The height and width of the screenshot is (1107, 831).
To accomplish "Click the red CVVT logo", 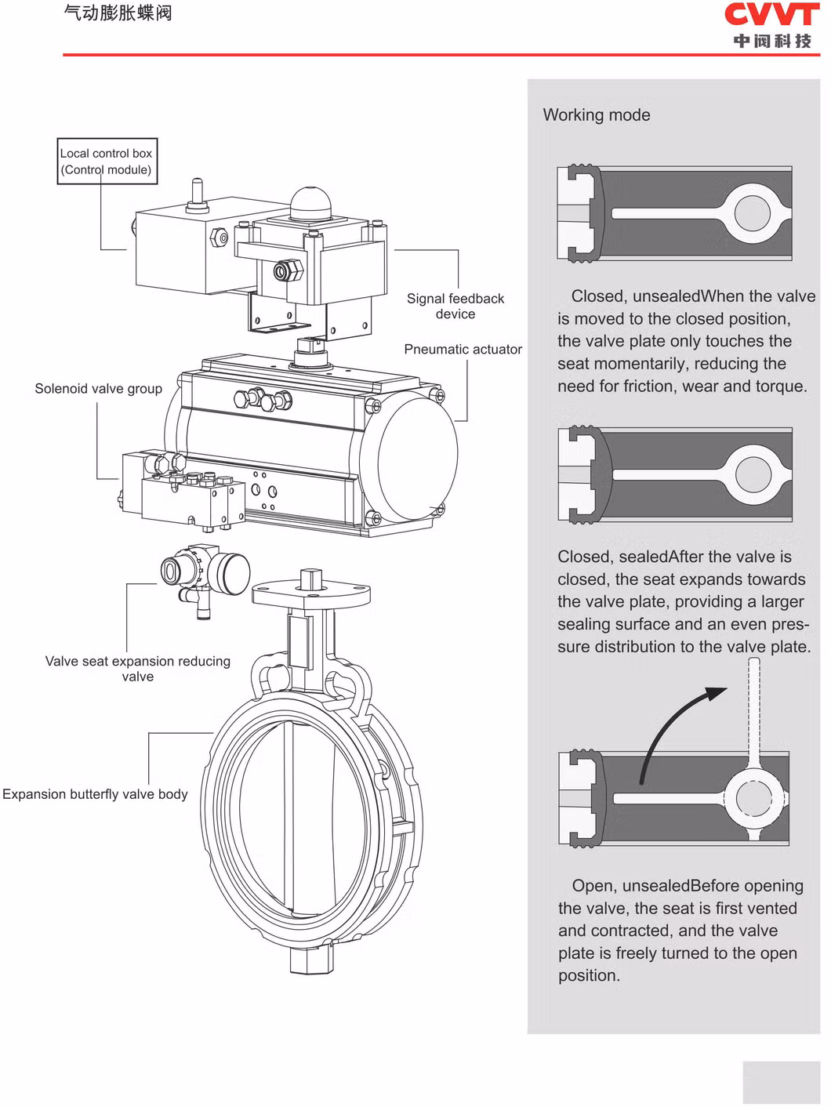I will click(x=771, y=15).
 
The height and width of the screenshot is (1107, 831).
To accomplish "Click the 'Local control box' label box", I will click(x=107, y=162).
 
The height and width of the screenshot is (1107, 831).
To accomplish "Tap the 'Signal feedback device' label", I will click(x=455, y=306).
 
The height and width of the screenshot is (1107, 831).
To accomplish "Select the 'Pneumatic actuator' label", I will click(x=463, y=349).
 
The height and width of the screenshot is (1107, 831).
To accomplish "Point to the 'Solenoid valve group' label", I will click(x=98, y=388).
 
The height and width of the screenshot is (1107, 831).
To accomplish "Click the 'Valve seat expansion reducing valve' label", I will click(x=138, y=669).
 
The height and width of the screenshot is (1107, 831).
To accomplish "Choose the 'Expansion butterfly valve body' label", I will click(x=95, y=793).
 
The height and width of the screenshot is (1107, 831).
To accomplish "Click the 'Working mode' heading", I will click(x=596, y=114).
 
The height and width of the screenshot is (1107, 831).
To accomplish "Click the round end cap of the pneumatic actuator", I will click(x=416, y=456).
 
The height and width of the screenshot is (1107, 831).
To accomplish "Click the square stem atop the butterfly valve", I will click(x=311, y=579).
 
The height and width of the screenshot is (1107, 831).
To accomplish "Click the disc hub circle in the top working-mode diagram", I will click(x=753, y=213).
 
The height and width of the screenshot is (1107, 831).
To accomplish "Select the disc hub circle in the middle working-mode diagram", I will click(x=753, y=474).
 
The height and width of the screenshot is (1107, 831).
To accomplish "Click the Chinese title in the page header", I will click(x=118, y=13).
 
